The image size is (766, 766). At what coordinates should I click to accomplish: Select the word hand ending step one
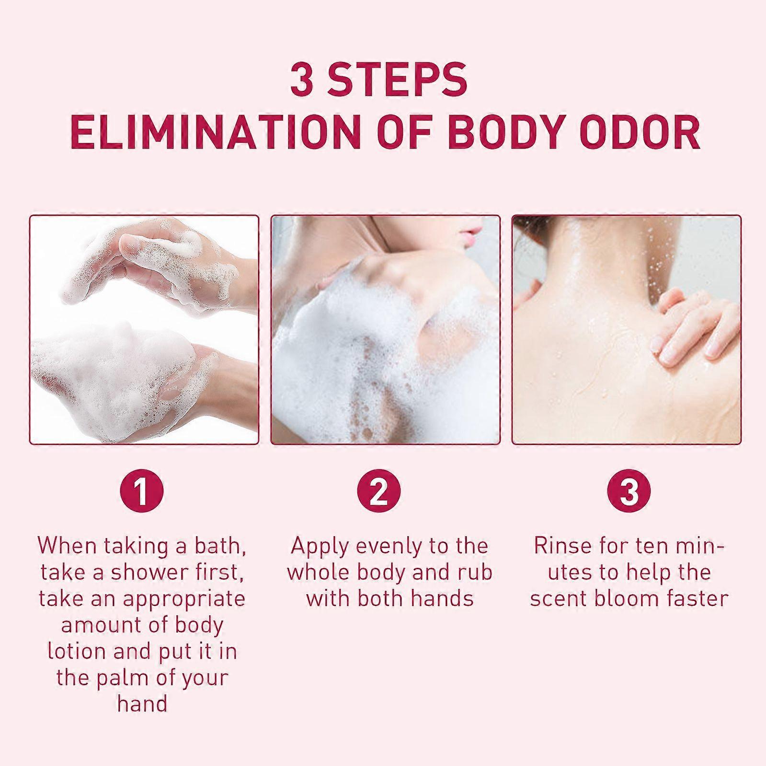tap(142, 705)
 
